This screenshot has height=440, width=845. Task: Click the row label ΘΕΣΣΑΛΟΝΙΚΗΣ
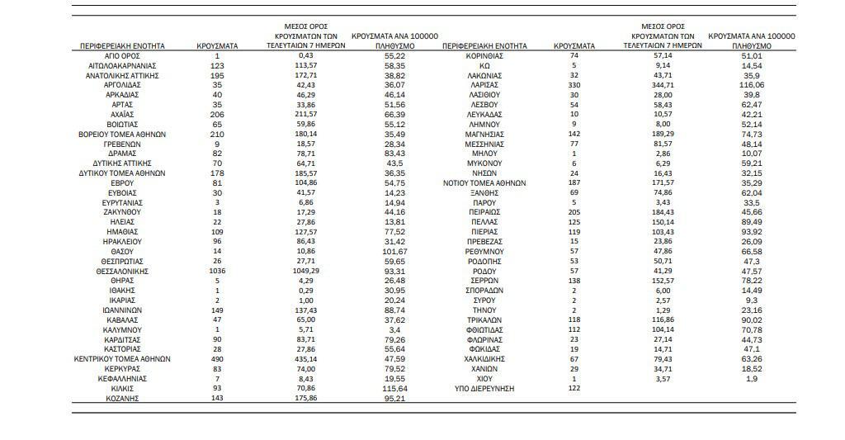pyautogui.click(x=122, y=271)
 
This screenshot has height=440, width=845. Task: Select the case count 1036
pyautogui.click(x=217, y=271)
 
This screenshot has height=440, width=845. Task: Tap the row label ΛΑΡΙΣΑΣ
pyautogui.click(x=484, y=85)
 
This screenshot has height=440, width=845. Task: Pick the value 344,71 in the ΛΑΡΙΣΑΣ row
pyautogui.click(x=663, y=85)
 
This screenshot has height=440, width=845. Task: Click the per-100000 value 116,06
pyautogui.click(x=751, y=85)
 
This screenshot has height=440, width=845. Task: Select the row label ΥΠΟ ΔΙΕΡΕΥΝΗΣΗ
pyautogui.click(x=484, y=388)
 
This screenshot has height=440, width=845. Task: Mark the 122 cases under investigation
pyautogui.click(x=574, y=388)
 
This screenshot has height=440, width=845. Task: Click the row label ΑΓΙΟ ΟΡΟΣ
pyautogui.click(x=122, y=55)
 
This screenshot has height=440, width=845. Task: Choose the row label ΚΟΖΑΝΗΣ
pyautogui.click(x=122, y=398)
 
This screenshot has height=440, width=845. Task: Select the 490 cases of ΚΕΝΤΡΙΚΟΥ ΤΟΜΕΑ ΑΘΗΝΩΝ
pyautogui.click(x=217, y=359)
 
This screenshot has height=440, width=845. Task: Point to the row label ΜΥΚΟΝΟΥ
pyautogui.click(x=484, y=163)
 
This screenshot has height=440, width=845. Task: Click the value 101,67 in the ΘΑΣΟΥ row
pyautogui.click(x=394, y=251)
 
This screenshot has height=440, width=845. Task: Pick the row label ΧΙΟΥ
pyautogui.click(x=484, y=379)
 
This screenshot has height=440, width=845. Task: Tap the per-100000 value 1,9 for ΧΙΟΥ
pyautogui.click(x=751, y=379)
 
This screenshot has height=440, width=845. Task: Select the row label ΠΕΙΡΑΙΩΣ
pyautogui.click(x=484, y=212)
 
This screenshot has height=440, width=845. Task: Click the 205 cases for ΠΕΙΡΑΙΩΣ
pyautogui.click(x=574, y=212)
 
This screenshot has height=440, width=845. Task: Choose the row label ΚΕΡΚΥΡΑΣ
pyautogui.click(x=122, y=369)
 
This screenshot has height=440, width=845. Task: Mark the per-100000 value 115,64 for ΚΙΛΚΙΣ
pyautogui.click(x=394, y=388)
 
